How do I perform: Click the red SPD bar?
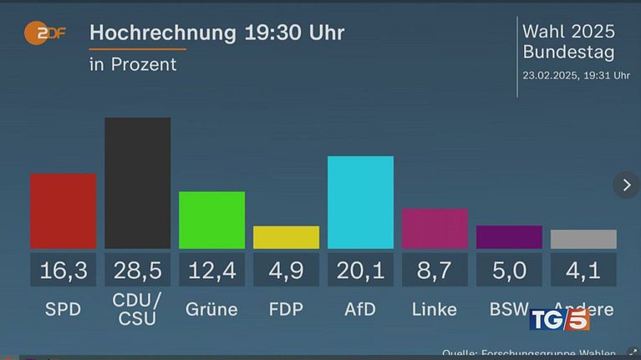tap(63, 210)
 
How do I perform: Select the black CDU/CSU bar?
tap(137, 182)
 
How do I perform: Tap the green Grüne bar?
tap(211, 220)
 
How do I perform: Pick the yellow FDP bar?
tap(286, 237)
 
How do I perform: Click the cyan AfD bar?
tap(360, 202)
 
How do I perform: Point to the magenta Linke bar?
tap(435, 228)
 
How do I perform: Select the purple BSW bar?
tap(509, 237)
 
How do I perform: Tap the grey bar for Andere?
tap(583, 239)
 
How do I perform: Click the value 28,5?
tap(137, 270)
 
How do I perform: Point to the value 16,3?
tap(63, 270)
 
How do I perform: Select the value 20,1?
tap(360, 270)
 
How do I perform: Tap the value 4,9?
tap(286, 270)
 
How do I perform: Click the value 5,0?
tap(509, 270)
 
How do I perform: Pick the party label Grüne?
tap(211, 309)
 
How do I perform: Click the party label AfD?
tap(360, 309)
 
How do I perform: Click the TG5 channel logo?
tap(559, 319)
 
